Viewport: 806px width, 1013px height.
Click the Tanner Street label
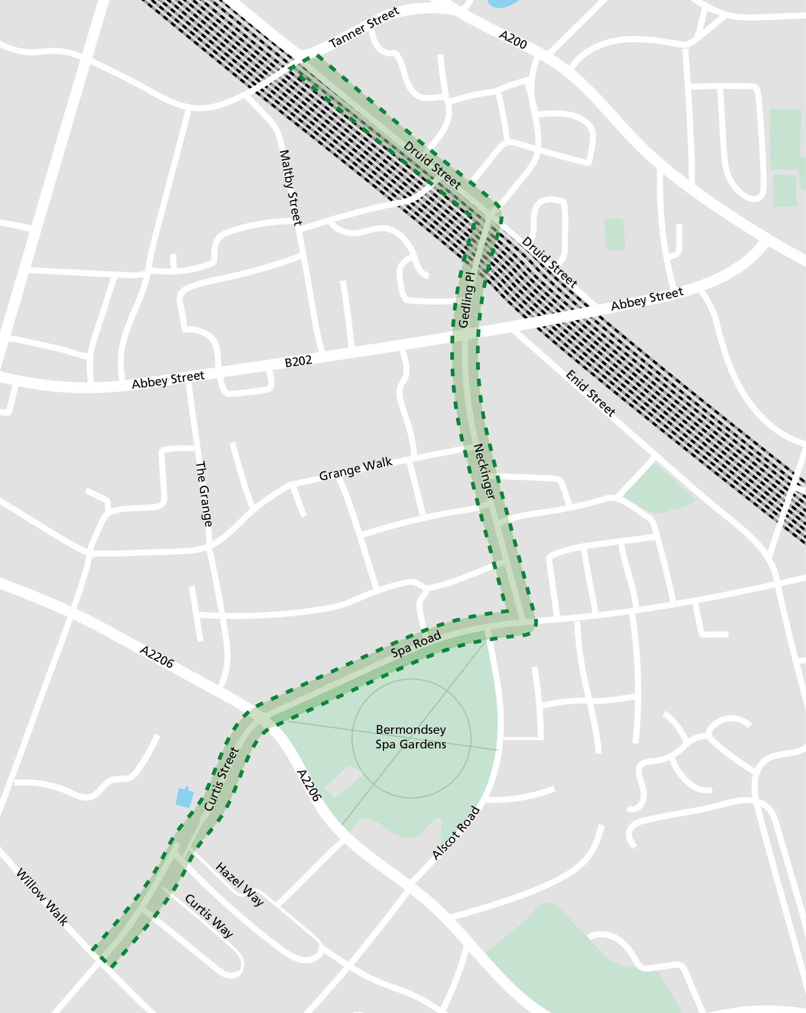click(364, 28)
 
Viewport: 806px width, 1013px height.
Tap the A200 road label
click(513, 40)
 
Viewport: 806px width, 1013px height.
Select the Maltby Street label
click(290, 188)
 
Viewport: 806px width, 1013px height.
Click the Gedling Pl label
click(466, 300)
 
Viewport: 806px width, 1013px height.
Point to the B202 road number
click(298, 362)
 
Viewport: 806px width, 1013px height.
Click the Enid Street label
click(590, 393)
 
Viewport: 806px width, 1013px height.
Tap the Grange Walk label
click(355, 469)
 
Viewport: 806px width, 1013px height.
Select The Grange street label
click(204, 494)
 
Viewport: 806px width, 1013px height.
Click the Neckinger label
click(484, 471)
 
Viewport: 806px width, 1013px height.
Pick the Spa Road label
click(416, 644)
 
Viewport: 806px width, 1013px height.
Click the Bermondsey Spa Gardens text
click(411, 737)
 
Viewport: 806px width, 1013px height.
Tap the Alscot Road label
click(456, 833)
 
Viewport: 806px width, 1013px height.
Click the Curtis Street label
click(222, 779)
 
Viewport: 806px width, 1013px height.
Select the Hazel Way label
click(239, 884)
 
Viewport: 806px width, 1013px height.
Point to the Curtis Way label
click(209, 916)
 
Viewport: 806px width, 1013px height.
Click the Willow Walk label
click(42, 897)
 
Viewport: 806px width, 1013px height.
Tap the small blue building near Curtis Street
click(184, 798)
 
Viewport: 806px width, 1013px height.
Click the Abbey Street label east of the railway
click(647, 299)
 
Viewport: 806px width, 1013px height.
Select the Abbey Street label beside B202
click(168, 380)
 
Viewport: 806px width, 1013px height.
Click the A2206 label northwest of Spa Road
click(156, 657)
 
